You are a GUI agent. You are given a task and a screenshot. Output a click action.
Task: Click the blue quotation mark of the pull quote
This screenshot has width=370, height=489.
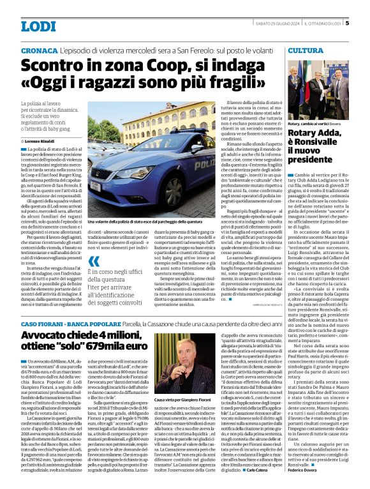[x=94, y=261]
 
